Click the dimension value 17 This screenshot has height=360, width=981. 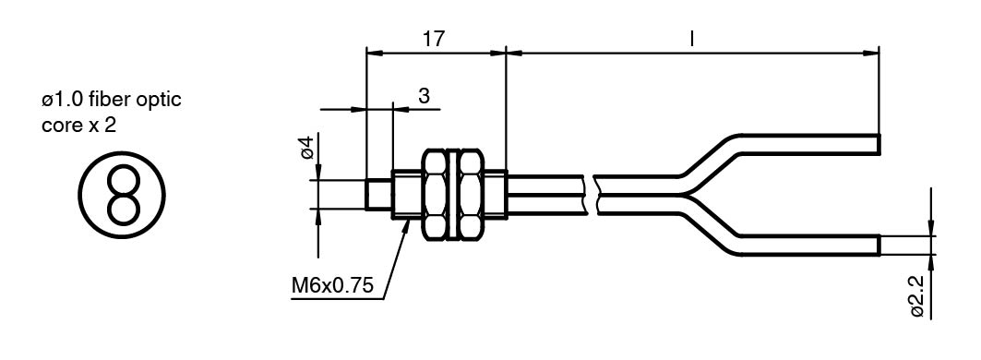pyautogui.click(x=433, y=39)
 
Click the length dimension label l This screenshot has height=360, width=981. pyautogui.click(x=691, y=39)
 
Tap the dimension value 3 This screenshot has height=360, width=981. pyautogui.click(x=425, y=96)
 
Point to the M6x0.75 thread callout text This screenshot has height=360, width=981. pyautogui.click(x=333, y=286)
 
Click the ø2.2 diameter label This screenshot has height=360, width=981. pyautogui.click(x=918, y=297)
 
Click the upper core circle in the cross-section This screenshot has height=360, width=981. pyautogui.click(x=123, y=180)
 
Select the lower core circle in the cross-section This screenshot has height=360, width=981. pyautogui.click(x=123, y=210)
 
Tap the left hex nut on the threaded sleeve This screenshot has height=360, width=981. pyautogui.click(x=436, y=194)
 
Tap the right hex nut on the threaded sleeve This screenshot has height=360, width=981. pyautogui.click(x=471, y=194)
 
